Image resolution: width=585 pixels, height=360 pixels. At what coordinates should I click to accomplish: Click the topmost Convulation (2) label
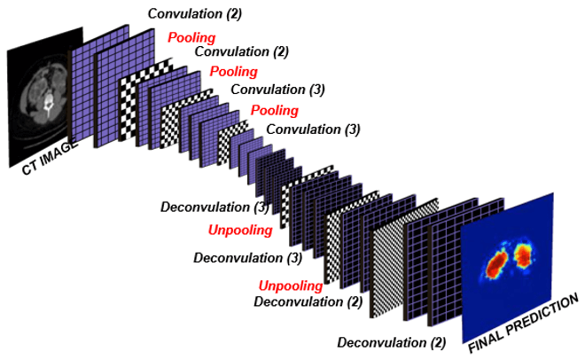[194, 13]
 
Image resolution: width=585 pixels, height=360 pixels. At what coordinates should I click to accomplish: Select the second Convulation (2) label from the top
[239, 51]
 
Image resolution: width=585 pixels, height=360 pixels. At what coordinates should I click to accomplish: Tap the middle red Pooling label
[233, 71]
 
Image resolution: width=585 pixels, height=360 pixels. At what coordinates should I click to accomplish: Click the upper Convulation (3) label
[277, 90]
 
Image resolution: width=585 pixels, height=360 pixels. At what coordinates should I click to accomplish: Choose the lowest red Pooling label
[274, 110]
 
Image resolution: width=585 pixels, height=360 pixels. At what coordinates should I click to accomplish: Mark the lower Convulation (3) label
[314, 129]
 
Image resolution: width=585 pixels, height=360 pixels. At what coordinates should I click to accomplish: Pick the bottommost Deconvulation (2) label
[391, 341]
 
